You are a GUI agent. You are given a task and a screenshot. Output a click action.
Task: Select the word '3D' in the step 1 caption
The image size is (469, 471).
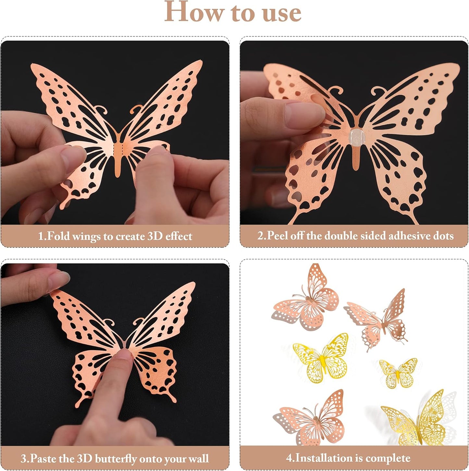(154, 236)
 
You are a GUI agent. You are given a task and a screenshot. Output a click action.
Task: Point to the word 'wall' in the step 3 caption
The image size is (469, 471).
(198, 459)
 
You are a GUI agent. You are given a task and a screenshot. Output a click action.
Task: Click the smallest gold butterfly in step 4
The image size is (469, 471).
(398, 373)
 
